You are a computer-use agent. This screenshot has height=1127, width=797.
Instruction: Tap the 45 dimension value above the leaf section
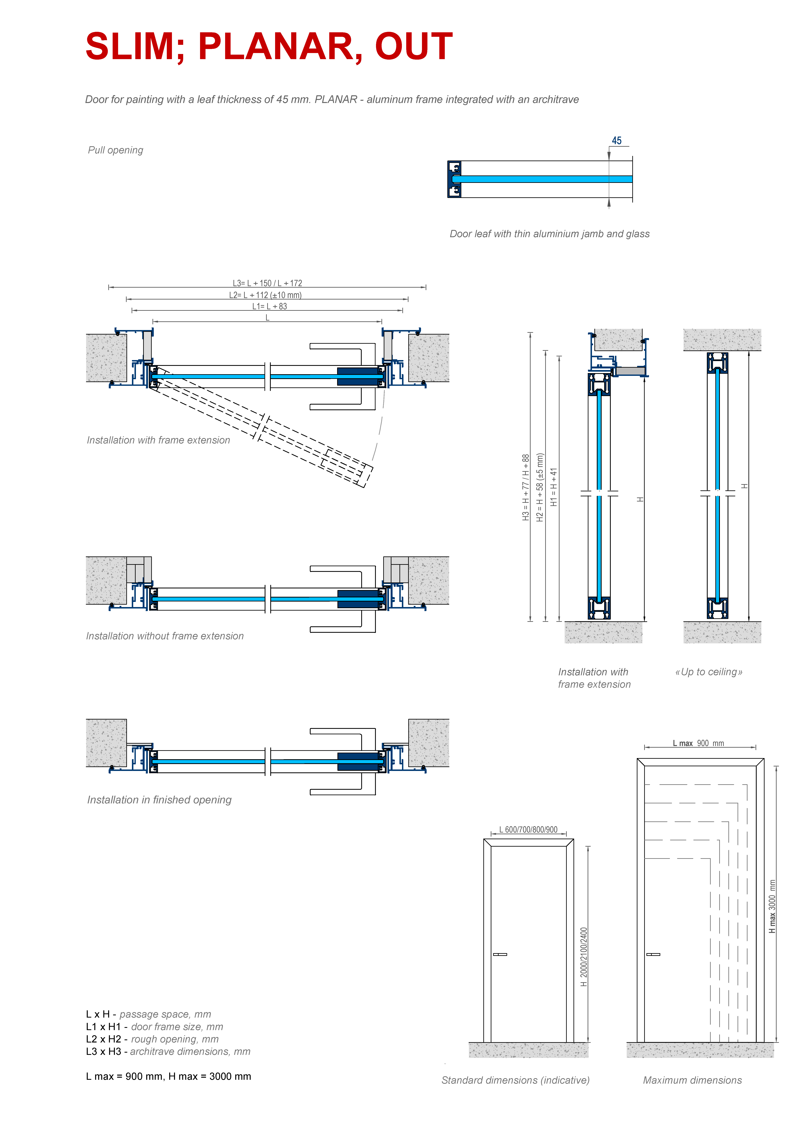pyautogui.click(x=616, y=141)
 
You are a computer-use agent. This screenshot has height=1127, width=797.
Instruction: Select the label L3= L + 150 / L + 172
pyautogui.click(x=268, y=283)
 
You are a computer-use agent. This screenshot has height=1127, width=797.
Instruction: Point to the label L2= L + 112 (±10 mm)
pyautogui.click(x=265, y=295)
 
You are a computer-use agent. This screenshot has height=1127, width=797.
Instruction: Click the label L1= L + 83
pyautogui.click(x=269, y=306)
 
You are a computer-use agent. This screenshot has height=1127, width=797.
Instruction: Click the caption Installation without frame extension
pyautogui.click(x=165, y=636)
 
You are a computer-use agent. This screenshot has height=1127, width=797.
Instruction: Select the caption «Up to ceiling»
pyautogui.click(x=709, y=672)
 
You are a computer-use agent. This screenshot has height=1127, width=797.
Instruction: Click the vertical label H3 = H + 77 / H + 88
pyautogui.click(x=526, y=487)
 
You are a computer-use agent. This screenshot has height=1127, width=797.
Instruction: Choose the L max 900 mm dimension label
pyautogui.click(x=698, y=743)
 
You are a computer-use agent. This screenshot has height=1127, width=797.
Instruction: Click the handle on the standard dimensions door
pyautogui.click(x=500, y=954)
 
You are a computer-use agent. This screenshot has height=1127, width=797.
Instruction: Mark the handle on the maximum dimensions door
pyautogui.click(x=653, y=954)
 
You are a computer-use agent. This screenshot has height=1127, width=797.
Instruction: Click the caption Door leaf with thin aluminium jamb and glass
pyautogui.click(x=550, y=234)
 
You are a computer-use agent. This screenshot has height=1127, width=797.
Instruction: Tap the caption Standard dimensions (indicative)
pyautogui.click(x=515, y=1080)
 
